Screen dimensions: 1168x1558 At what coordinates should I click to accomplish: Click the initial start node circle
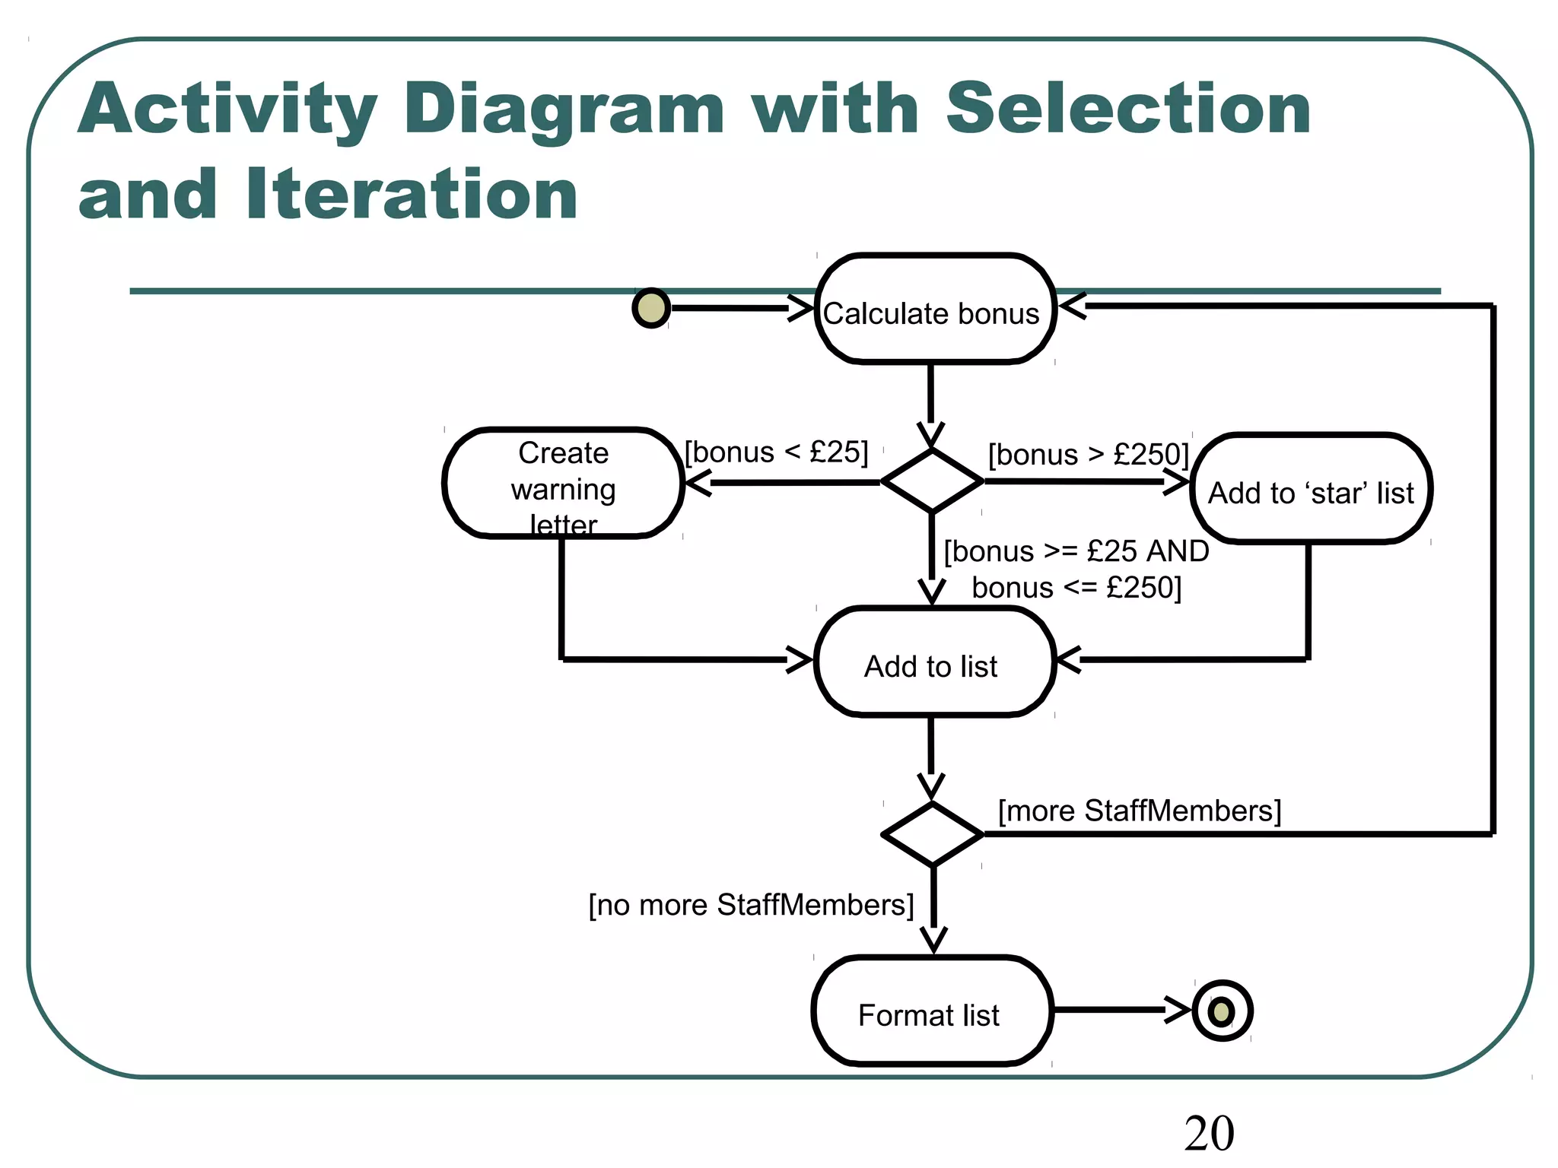pyautogui.click(x=651, y=308)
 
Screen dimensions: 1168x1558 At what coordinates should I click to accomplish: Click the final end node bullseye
pyautogui.click(x=1222, y=1011)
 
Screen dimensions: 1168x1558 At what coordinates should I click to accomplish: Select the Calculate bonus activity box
pyautogui.click(x=934, y=309)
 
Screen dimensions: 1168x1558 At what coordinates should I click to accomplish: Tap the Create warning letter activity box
pyautogui.click(x=563, y=484)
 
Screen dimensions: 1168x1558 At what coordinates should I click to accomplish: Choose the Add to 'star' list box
pyautogui.click(x=1311, y=489)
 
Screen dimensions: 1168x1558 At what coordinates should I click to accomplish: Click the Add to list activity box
pyautogui.click(x=933, y=662)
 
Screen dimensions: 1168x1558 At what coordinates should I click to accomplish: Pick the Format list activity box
pyautogui.click(x=931, y=1011)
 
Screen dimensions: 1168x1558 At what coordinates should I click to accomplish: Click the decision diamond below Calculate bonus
pyautogui.click(x=932, y=481)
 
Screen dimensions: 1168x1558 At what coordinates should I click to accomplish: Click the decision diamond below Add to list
pyautogui.click(x=932, y=834)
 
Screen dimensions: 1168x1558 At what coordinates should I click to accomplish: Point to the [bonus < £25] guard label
pyautogui.click(x=776, y=452)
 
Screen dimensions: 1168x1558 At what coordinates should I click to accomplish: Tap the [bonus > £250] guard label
pyautogui.click(x=1088, y=455)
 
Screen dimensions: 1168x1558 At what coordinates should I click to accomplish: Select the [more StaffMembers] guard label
pyautogui.click(x=1139, y=811)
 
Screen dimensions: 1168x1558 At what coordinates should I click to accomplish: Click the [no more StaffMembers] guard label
pyautogui.click(x=751, y=905)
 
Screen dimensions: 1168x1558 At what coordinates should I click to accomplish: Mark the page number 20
pyautogui.click(x=1209, y=1134)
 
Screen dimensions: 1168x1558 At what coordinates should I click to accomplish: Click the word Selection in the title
pyautogui.click(x=1127, y=110)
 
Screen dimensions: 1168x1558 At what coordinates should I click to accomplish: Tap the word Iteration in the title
pyautogui.click(x=412, y=195)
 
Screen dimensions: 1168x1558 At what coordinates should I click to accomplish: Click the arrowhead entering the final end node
pyautogui.click(x=1178, y=1011)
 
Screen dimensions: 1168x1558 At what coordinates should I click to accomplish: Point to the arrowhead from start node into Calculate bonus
pyautogui.click(x=800, y=309)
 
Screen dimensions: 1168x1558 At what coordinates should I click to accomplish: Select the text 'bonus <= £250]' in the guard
pyautogui.click(x=1076, y=588)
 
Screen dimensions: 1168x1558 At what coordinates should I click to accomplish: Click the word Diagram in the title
pyautogui.click(x=564, y=110)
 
